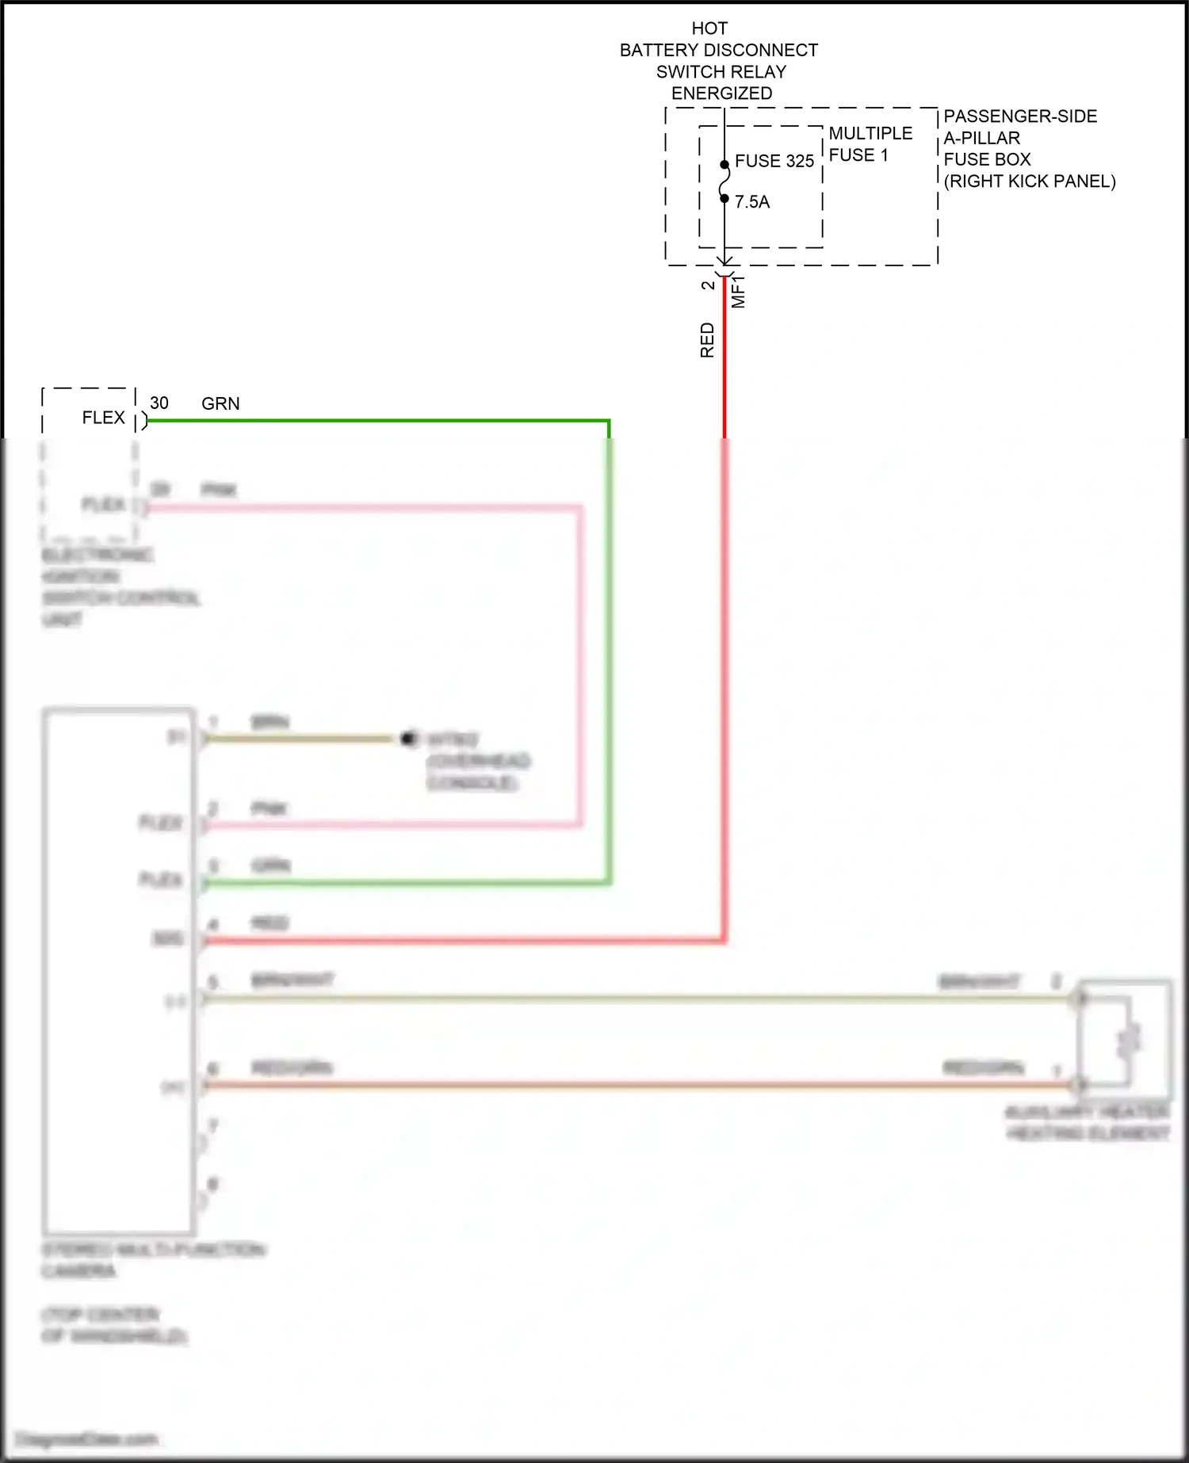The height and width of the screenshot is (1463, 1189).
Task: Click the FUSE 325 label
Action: coord(774,161)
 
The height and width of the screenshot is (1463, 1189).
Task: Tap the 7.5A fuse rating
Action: coord(751,202)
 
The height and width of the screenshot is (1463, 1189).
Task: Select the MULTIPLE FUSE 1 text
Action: coord(870,144)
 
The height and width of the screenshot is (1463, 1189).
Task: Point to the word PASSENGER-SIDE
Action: coord(1019,117)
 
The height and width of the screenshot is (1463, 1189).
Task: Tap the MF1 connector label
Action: coord(738,292)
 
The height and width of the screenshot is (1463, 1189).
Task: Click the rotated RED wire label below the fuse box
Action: coord(707,340)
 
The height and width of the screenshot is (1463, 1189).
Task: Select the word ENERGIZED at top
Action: coord(721,94)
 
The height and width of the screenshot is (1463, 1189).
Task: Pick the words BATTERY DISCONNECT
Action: coord(718,50)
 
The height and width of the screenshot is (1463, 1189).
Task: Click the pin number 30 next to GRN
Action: coord(159,403)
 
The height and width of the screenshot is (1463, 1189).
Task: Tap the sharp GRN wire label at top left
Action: coord(220,403)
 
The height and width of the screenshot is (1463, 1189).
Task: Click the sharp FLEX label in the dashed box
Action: coord(103,418)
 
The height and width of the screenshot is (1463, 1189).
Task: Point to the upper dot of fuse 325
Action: coord(724,165)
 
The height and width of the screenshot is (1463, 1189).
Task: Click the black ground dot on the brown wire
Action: coord(408,739)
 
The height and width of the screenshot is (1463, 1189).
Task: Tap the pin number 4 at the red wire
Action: coord(212,925)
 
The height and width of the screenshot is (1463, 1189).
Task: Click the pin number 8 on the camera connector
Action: coord(212,1185)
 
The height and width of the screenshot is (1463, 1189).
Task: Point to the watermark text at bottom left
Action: coord(87,1438)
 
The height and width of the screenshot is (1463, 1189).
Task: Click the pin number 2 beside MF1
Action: coord(708,285)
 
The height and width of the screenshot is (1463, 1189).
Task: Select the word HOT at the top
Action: coord(709,29)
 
